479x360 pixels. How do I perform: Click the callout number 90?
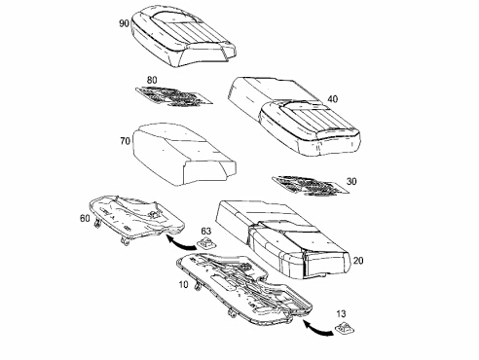tap(125, 23)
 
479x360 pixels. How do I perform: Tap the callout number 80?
tap(152, 80)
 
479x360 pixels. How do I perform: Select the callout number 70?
tap(126, 141)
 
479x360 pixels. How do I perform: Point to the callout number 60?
tap(85, 219)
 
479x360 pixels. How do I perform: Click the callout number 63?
tap(206, 232)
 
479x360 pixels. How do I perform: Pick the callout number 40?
tap(332, 99)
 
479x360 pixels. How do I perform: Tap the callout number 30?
tap(351, 181)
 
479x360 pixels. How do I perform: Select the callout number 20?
tap(358, 261)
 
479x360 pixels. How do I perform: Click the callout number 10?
tap(183, 284)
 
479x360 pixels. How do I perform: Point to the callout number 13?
tap(341, 313)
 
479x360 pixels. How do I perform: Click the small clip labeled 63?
tap(206, 242)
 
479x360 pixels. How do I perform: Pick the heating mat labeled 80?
tap(174, 96)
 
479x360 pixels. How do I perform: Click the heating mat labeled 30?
tap(311, 186)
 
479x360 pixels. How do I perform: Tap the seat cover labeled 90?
tap(183, 36)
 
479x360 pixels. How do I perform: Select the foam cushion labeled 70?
tap(184, 154)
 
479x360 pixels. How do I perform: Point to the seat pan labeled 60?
tap(136, 218)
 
